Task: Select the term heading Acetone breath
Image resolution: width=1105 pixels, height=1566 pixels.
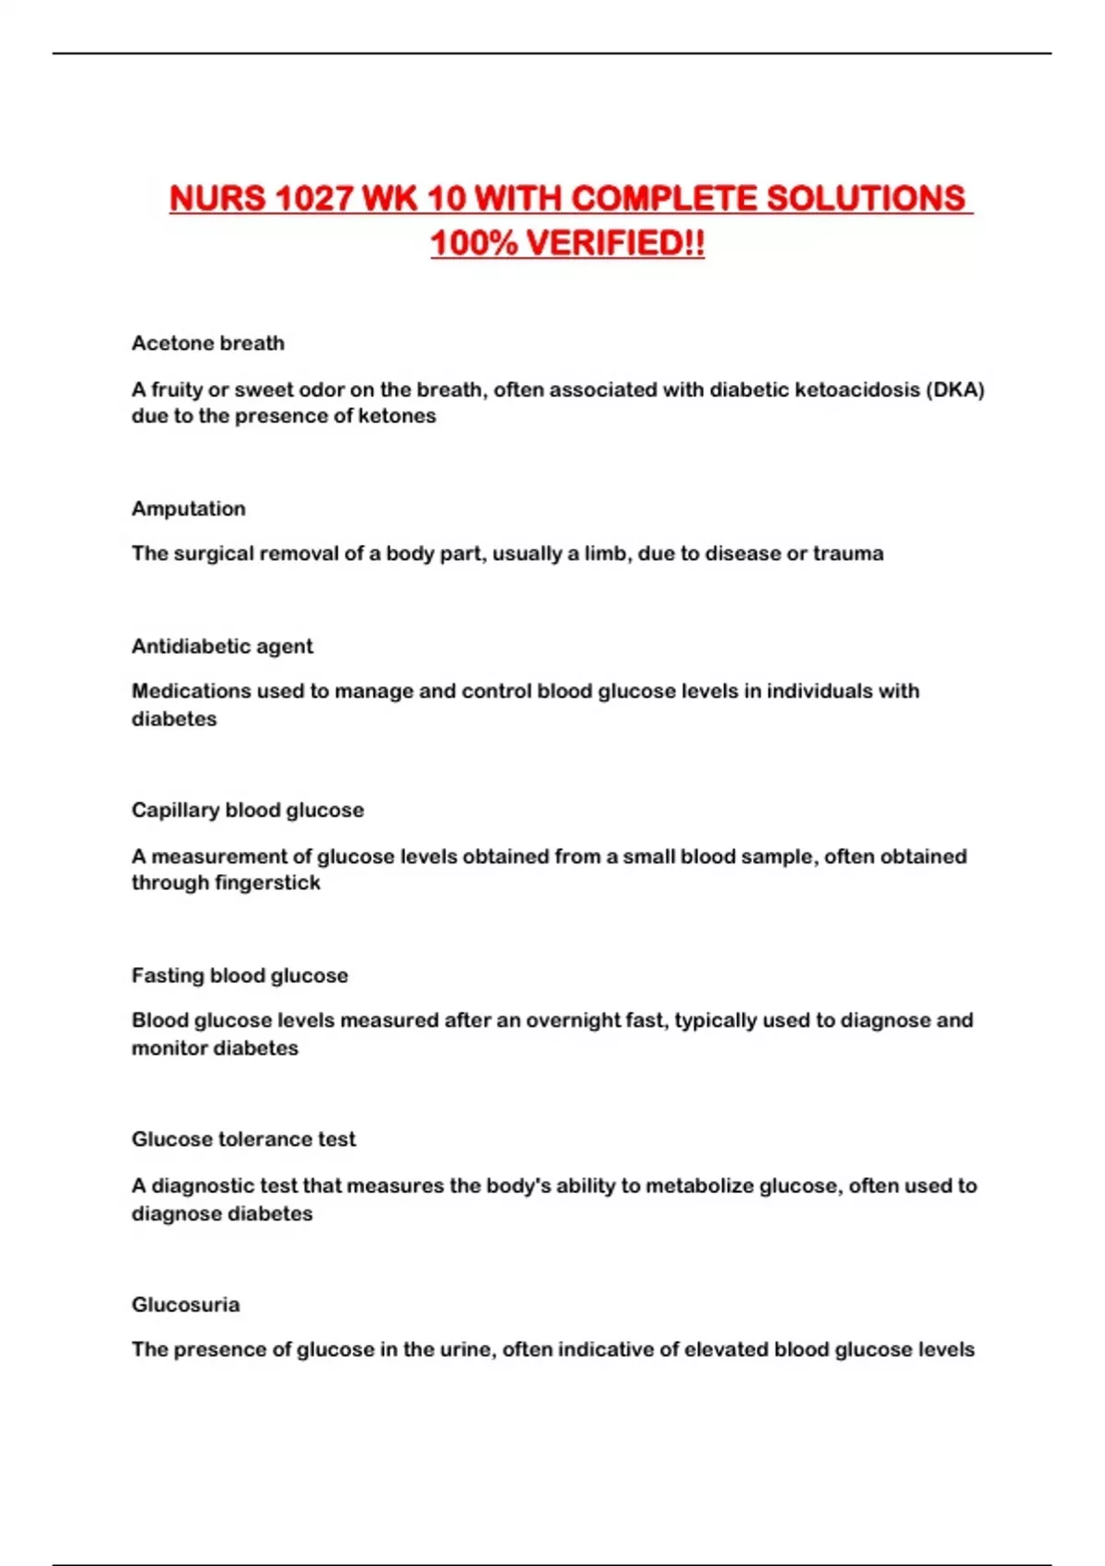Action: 208,344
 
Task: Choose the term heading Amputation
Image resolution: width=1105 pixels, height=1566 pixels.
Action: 189,508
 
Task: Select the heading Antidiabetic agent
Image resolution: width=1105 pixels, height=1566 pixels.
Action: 222,647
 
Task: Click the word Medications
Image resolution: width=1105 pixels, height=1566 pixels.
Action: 192,691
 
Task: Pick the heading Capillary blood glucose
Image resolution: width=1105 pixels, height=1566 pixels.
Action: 248,811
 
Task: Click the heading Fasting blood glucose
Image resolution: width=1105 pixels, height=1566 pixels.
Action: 239,976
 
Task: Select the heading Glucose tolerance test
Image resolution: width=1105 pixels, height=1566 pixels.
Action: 243,1139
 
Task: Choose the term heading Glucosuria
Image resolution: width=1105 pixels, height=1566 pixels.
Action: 185,1304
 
